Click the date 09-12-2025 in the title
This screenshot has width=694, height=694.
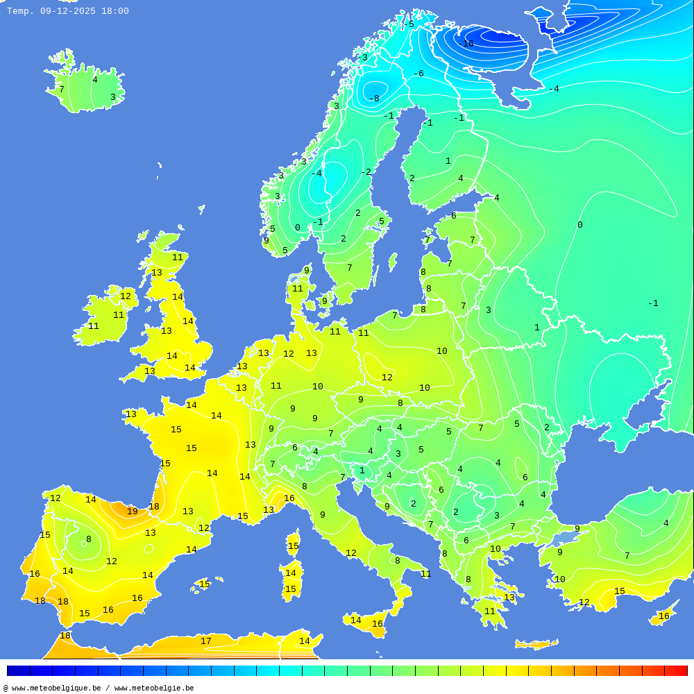68,11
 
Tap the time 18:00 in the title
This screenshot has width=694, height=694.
115,11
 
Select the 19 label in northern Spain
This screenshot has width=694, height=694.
133,511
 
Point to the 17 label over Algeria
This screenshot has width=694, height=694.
206,641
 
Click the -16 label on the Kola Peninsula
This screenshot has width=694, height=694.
466,44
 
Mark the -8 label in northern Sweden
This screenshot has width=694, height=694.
373,99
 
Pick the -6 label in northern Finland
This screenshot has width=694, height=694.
418,74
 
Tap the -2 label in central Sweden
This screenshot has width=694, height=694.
366,171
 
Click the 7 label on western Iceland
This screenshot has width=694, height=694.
61,90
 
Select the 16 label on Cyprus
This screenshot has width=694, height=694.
664,616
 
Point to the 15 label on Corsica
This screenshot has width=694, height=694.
294,546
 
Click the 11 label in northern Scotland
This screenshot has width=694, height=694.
178,257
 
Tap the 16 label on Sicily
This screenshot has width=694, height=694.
377,624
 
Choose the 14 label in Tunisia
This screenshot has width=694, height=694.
304,641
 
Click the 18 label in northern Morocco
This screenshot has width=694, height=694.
65,636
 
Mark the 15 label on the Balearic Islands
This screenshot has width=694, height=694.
205,584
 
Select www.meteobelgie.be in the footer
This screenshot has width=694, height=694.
154,688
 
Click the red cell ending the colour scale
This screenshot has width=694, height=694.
676,670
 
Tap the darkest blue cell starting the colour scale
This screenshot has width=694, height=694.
18,670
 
